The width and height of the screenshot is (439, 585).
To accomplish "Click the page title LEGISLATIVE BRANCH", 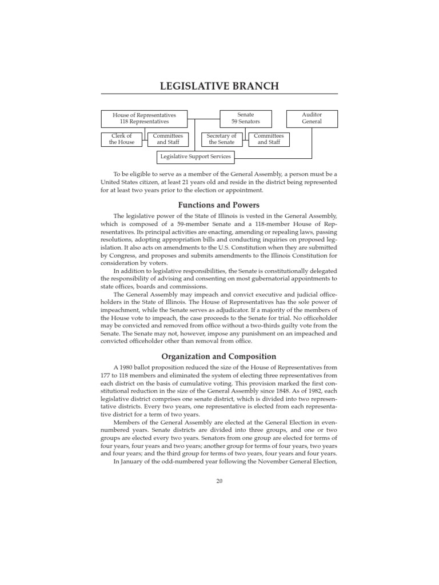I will click(219, 86).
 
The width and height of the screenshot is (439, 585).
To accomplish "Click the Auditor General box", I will click(312, 118).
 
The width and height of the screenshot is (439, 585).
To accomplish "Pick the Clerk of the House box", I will click(122, 139).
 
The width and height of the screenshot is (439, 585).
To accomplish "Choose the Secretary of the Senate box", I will click(221, 139).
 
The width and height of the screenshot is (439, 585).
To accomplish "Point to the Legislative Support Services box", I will click(195, 156).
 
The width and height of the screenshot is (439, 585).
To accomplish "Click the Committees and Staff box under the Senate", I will click(268, 139).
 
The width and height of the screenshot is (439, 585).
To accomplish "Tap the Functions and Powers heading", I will click(219, 205).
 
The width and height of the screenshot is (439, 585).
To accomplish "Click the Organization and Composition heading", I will click(219, 356).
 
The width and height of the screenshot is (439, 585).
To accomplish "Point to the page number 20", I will click(219, 480).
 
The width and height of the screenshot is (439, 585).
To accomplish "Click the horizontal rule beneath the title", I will click(219, 94).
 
